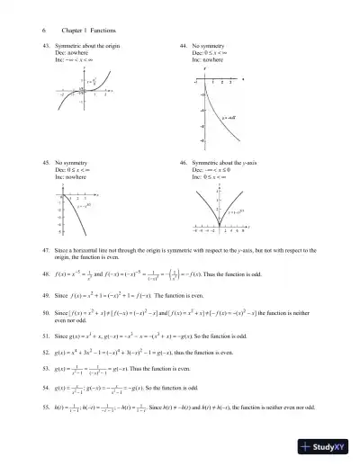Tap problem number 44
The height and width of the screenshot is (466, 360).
184,43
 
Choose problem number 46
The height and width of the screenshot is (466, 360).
184,163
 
